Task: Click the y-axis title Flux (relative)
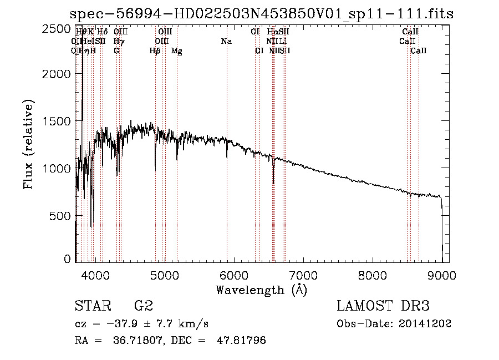pos(28,144)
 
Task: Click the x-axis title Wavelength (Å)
pos(261,290)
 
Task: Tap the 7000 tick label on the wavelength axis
pos(303,274)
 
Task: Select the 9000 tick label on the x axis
pos(442,274)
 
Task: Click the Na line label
pos(226,42)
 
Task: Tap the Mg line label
pos(177,51)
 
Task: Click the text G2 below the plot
pos(144,306)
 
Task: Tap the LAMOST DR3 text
pos(383,306)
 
